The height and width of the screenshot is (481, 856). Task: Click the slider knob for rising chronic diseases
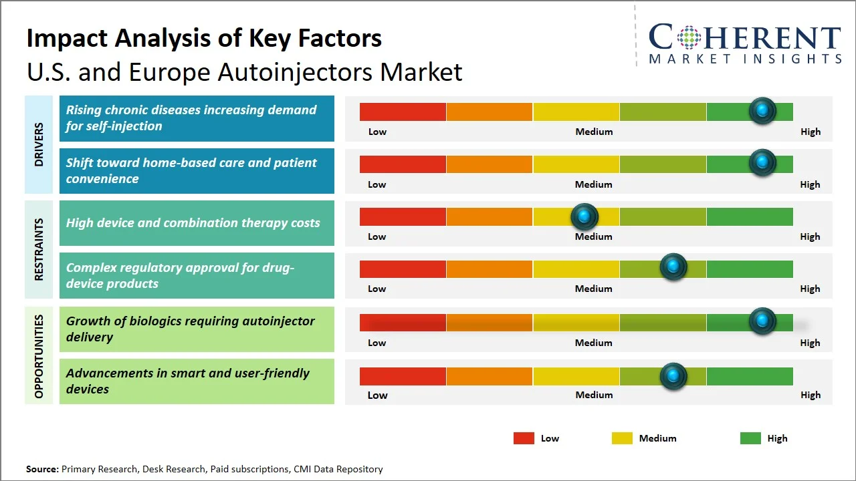tap(762, 110)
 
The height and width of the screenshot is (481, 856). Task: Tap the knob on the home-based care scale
tap(762, 162)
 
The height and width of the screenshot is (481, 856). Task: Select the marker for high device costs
tap(584, 216)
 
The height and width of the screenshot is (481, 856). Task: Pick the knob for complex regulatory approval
tap(673, 267)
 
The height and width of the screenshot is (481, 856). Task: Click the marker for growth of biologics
tap(762, 321)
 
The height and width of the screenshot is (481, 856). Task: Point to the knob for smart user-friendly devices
tap(673, 376)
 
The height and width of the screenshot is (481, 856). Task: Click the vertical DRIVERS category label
tap(39, 144)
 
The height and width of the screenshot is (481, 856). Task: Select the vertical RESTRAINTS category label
tap(39, 249)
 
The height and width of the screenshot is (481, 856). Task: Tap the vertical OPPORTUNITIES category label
tap(39, 356)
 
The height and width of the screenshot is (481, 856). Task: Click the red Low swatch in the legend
tap(524, 438)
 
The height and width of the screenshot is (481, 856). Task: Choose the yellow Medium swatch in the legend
tap(622, 438)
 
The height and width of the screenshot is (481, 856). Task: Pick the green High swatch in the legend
tap(750, 438)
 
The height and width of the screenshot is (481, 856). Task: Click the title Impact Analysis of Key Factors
tap(204, 39)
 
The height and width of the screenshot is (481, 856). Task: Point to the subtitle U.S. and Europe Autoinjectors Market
tap(244, 72)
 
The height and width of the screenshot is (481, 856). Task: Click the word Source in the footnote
tap(42, 469)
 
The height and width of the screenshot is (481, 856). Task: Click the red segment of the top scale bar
tap(403, 112)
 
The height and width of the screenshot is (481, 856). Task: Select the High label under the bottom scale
tap(810, 395)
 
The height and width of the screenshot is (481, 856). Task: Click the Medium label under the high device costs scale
tap(593, 236)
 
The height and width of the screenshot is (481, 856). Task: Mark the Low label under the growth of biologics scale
tap(377, 343)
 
